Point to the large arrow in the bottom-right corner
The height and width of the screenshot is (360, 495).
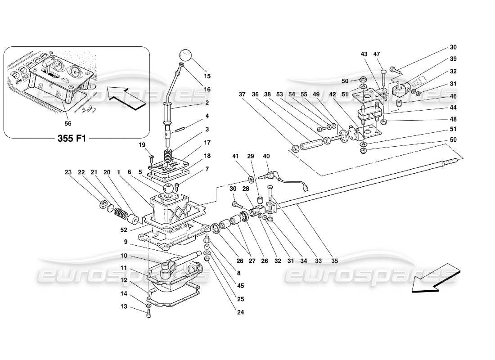click(435, 279)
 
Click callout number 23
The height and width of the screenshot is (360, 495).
click(68, 171)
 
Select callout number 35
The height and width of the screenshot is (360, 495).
click(334, 260)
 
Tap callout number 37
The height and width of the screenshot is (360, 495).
click(242, 94)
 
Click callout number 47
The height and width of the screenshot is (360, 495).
click(378, 54)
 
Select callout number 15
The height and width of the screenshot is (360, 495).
click(207, 76)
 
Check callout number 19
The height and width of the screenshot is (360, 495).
click(142, 145)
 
